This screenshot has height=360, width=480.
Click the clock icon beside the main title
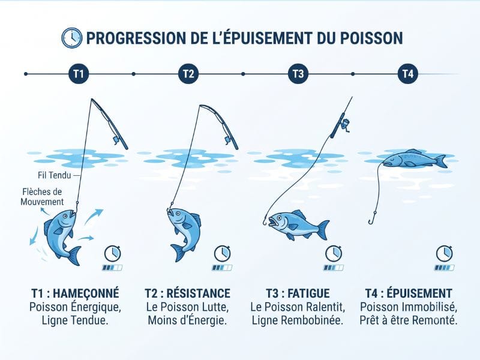(x=71, y=38)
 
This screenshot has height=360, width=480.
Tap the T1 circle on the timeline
(x=79, y=74)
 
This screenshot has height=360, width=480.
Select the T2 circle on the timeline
(x=188, y=74)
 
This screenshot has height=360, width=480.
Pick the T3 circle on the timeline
(x=298, y=74)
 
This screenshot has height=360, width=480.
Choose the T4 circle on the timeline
(x=408, y=74)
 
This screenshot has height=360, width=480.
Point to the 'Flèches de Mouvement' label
(x=42, y=197)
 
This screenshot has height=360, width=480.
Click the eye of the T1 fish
(x=65, y=216)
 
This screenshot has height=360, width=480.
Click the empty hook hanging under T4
(x=372, y=218)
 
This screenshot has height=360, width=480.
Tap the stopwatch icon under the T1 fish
(x=113, y=253)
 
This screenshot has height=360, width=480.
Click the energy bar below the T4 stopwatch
(x=444, y=268)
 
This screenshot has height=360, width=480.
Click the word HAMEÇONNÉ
(x=86, y=293)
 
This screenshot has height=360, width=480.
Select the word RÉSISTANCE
(x=199, y=293)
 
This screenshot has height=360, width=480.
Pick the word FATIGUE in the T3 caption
(x=308, y=293)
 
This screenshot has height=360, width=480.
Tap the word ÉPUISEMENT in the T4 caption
(x=419, y=293)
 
